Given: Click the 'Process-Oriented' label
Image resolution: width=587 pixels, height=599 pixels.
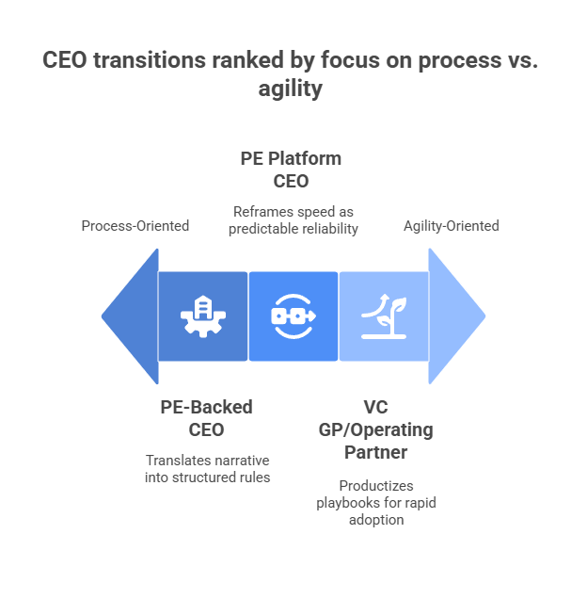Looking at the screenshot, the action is (x=135, y=226).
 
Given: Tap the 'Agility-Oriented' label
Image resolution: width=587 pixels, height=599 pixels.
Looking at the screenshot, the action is (x=451, y=226).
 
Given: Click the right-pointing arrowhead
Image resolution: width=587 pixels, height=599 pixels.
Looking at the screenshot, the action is (x=456, y=316).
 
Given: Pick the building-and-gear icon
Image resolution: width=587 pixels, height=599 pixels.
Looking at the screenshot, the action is (x=202, y=316).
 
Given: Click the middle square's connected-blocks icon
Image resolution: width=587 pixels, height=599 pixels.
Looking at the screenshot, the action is (x=293, y=316).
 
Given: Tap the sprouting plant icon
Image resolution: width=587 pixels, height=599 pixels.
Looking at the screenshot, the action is (x=383, y=316).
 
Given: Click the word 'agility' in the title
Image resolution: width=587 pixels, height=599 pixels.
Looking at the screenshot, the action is (x=293, y=89).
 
